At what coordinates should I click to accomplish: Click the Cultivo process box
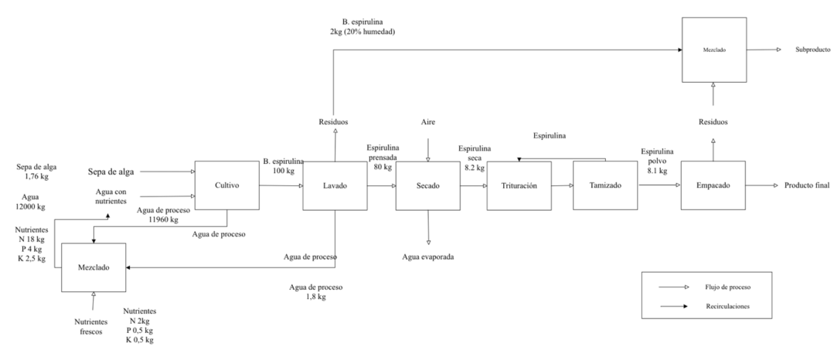coord(226,185)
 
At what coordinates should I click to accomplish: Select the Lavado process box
coord(335,185)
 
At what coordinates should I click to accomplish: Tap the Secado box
coord(427,185)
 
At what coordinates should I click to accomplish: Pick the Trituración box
coord(519,185)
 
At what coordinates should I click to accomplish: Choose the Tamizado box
coord(605,185)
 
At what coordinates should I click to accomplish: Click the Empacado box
coord(713,185)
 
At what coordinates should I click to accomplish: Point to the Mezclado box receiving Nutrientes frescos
coord(93,267)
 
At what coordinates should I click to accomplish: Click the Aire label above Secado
coord(428,123)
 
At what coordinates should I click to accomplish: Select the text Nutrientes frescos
coord(92,326)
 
